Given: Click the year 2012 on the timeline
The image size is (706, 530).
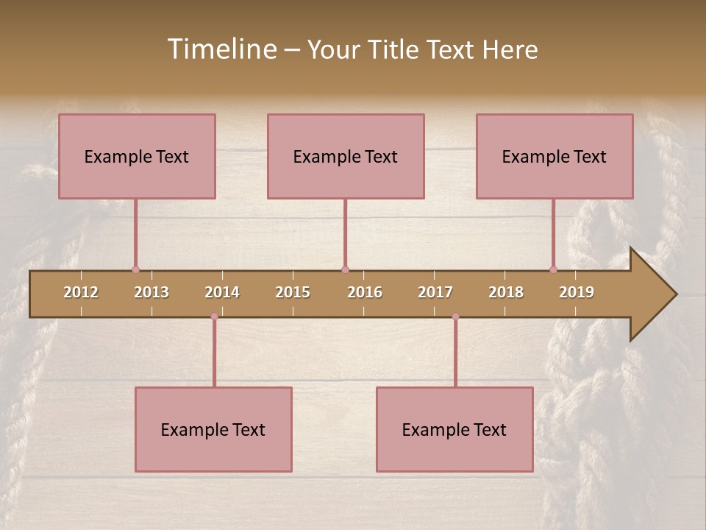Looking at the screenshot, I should coord(81,292).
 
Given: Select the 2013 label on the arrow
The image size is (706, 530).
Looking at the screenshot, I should coord(151,292).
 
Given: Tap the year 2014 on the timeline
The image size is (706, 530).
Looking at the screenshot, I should coord(222,292).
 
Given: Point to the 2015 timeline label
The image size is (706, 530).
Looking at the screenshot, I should coord(293,292).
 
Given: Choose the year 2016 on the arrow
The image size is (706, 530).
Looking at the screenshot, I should coord(365,292).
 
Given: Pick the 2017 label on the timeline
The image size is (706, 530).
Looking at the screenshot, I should coord(435,292).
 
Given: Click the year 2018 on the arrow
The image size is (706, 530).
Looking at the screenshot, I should coord(506,292).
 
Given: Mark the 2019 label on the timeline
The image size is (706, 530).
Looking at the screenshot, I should coord(577,292).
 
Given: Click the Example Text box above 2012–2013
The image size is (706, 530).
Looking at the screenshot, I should coord(137,157).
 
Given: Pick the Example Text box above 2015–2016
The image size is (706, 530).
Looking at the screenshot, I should coord(346,157).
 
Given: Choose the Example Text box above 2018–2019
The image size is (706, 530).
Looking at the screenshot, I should coord(555,157).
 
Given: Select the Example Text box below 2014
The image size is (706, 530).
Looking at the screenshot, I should coord(213,430).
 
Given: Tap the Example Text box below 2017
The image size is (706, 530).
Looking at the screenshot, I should coord(454,430).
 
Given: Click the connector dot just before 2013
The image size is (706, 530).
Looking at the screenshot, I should coord(135,269).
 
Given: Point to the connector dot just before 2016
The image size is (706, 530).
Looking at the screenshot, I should coord(345,269).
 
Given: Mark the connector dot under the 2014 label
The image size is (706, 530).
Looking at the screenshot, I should coord(214,317).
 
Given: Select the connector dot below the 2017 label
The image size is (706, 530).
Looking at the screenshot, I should coord(455,317).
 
